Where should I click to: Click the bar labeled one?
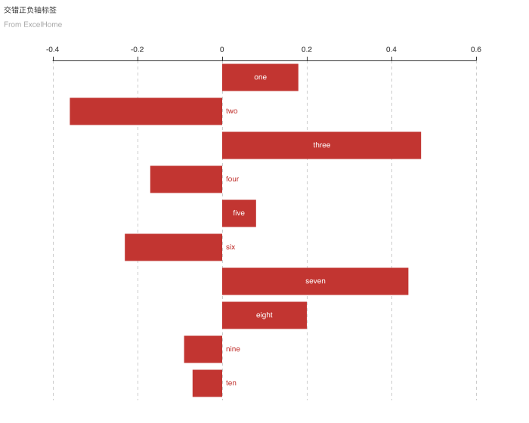coord(260,77)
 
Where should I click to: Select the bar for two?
coord(146,111)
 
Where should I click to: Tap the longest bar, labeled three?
coord(321,145)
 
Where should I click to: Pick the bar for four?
coord(186,179)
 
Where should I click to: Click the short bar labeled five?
coord(239,213)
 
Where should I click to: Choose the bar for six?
coord(173,247)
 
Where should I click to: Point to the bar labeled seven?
coord(315,281)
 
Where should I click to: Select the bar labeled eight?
coord(264,315)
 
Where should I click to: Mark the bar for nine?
coord(203,349)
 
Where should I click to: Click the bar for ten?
coord(207,383)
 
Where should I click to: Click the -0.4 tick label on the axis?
coord(52,50)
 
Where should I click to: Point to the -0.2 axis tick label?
coord(137,50)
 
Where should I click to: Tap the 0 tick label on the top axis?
coord(222,50)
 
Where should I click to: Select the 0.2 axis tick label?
coord(307,50)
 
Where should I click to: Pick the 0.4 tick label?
coord(391,50)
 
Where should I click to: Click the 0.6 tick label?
coord(476,50)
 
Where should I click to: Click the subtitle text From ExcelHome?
coord(32,24)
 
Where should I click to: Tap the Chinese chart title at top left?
coord(30,10)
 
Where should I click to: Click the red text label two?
coord(232,111)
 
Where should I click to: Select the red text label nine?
coord(233,349)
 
